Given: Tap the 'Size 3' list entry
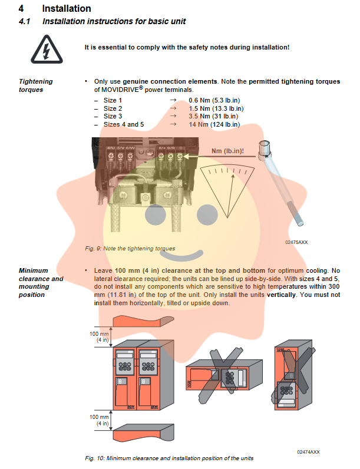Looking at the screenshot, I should click(x=113, y=117).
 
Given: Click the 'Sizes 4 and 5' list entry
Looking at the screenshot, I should click(x=124, y=124).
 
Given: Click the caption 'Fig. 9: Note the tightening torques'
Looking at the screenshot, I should click(x=130, y=249).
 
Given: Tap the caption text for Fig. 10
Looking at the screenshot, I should click(x=171, y=458).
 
